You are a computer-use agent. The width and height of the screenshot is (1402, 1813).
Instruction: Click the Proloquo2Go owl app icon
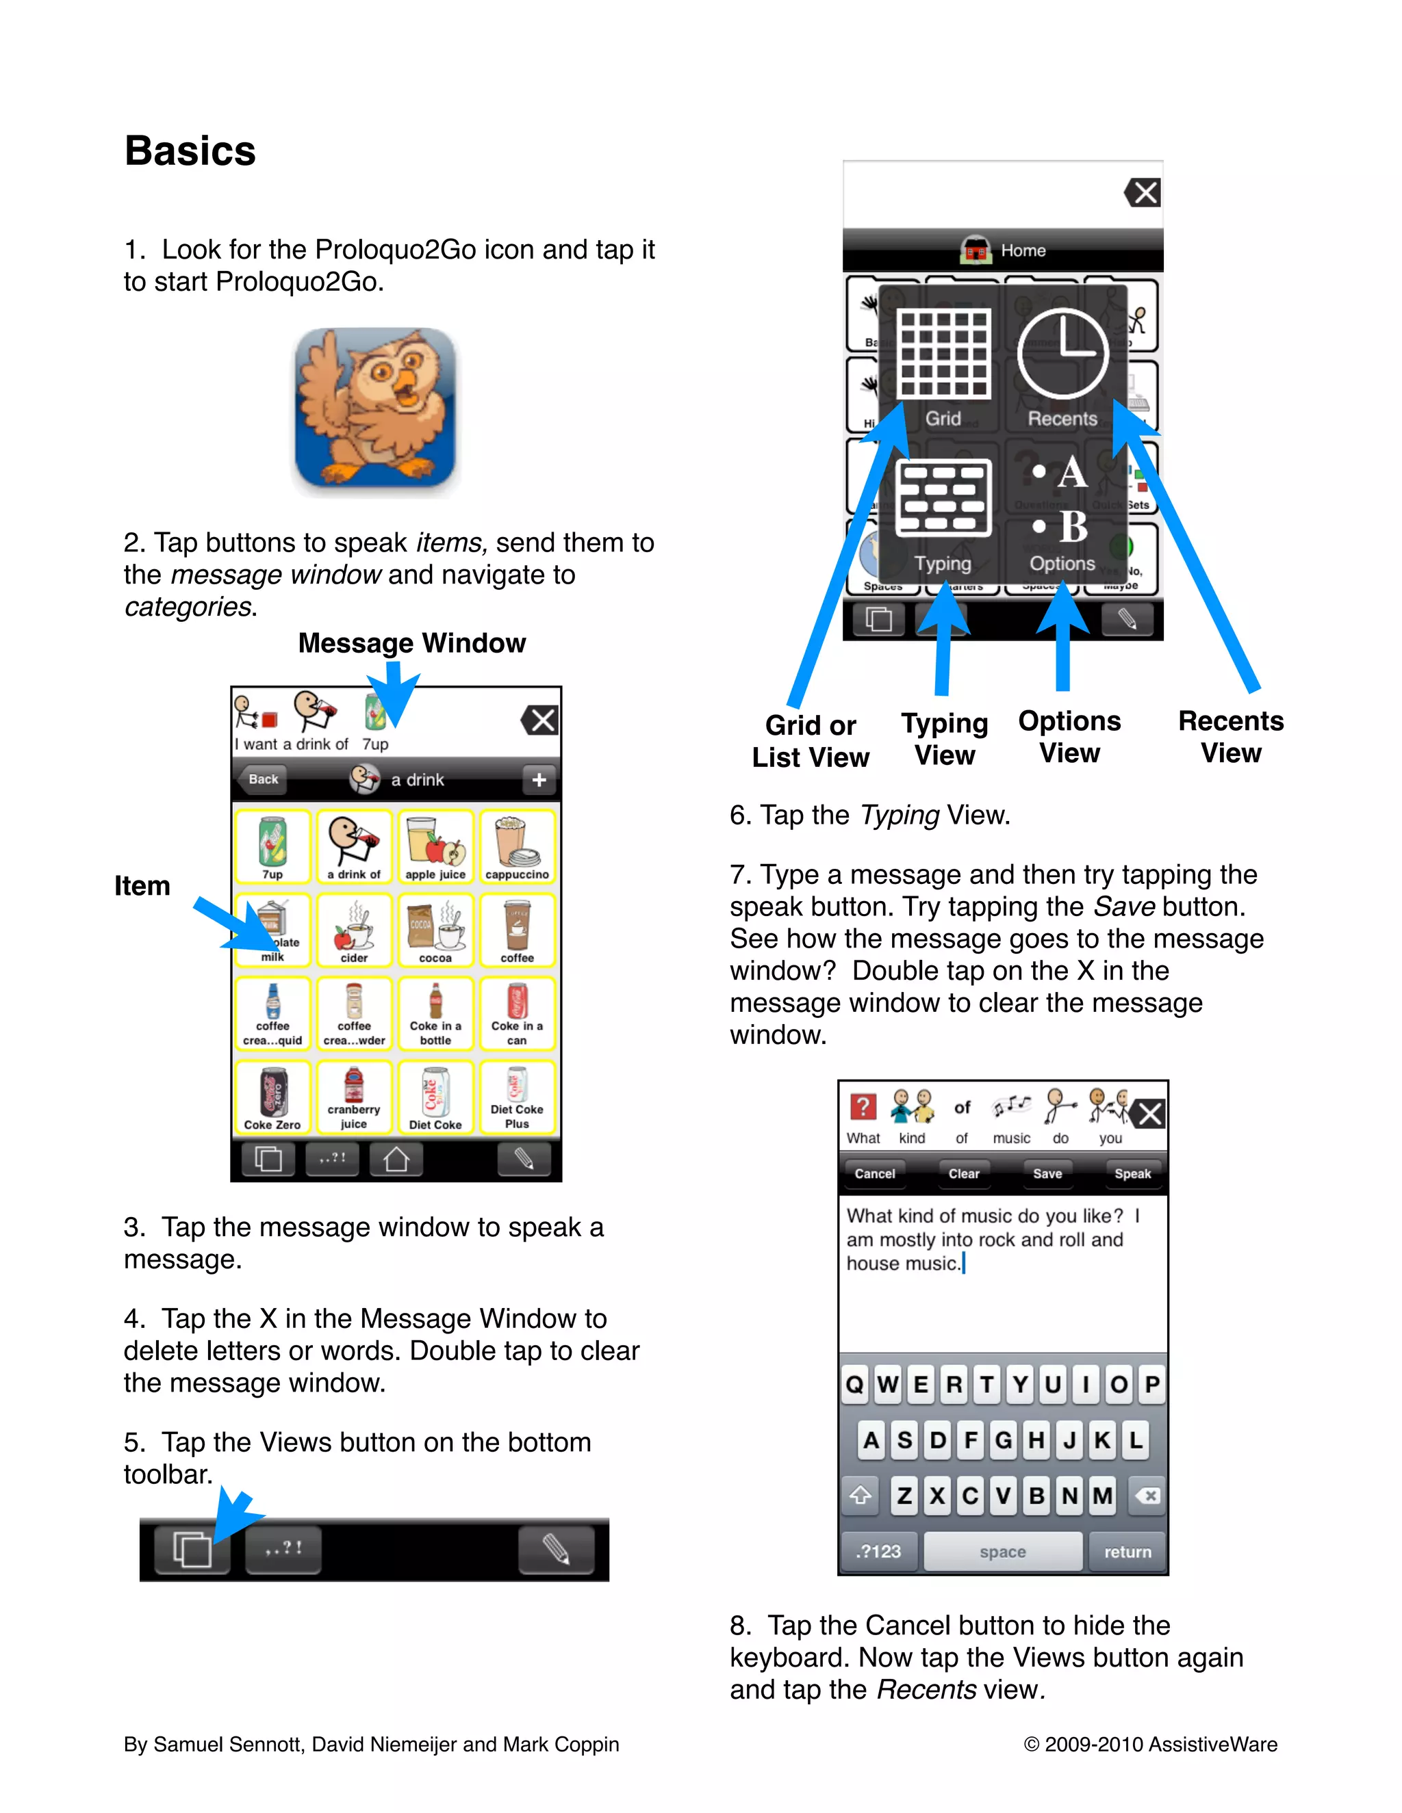(374, 408)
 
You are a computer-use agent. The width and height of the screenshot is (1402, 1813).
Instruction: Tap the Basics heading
(190, 151)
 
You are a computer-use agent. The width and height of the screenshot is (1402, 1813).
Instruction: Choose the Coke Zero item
(272, 1097)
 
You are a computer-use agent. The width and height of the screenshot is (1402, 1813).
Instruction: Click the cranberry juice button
(354, 1097)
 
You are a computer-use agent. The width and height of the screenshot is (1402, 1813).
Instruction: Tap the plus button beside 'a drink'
(539, 779)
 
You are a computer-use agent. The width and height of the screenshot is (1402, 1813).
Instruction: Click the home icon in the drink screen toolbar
(396, 1159)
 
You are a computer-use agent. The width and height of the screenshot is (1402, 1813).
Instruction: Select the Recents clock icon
(1062, 355)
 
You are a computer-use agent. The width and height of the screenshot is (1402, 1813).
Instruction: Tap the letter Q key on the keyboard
(854, 1384)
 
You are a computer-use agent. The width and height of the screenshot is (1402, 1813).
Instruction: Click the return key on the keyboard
(1127, 1552)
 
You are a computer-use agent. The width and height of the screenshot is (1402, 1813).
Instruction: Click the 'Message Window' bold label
(412, 643)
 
